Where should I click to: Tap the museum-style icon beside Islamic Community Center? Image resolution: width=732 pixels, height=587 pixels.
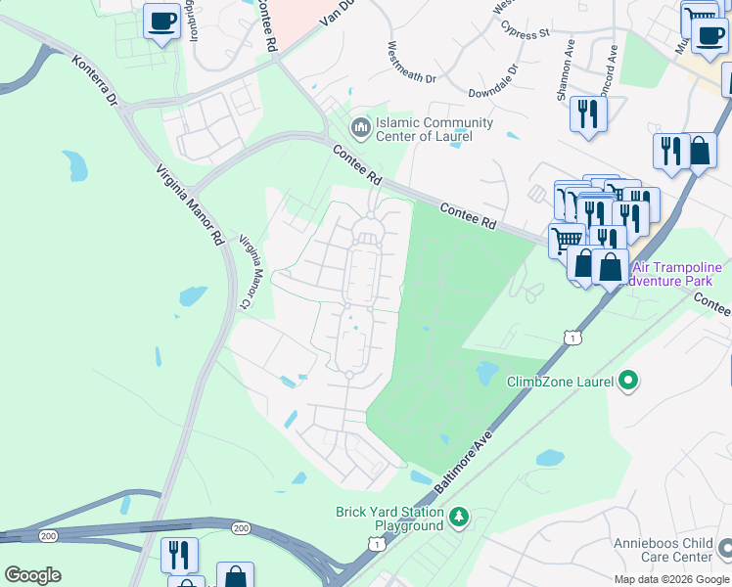click(x=361, y=127)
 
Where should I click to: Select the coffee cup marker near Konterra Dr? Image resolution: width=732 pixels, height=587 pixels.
click(x=161, y=21)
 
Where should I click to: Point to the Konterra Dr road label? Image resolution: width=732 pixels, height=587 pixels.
click(x=95, y=81)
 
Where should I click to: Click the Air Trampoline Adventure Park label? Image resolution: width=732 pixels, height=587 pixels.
click(x=677, y=274)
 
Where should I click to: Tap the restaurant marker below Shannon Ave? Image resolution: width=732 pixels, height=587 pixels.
click(x=588, y=113)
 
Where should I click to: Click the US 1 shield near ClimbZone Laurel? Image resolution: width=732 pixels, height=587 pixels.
click(x=571, y=338)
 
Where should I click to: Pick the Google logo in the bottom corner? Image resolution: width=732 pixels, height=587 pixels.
click(x=32, y=575)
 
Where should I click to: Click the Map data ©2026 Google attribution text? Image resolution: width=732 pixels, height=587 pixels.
click(x=671, y=579)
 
